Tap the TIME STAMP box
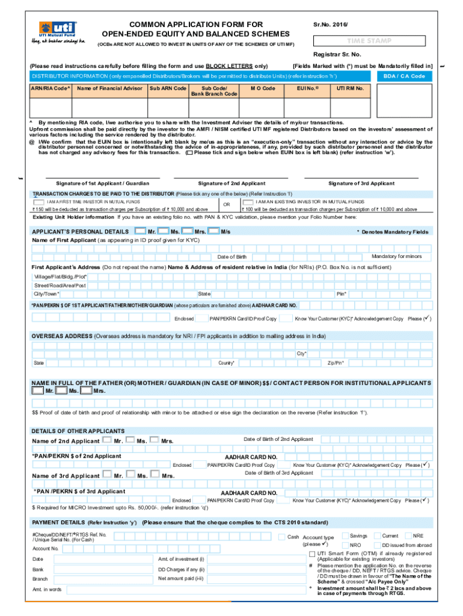tap(369, 41)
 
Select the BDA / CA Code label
tap(403, 76)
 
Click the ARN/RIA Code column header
tap(51, 88)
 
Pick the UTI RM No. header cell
tap(350, 88)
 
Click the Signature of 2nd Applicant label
tap(231, 183)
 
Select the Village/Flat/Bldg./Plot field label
tap(61, 276)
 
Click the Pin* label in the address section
tap(341, 294)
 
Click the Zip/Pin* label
tap(336, 363)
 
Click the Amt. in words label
tap(47, 590)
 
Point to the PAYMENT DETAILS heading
tap(58, 522)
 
